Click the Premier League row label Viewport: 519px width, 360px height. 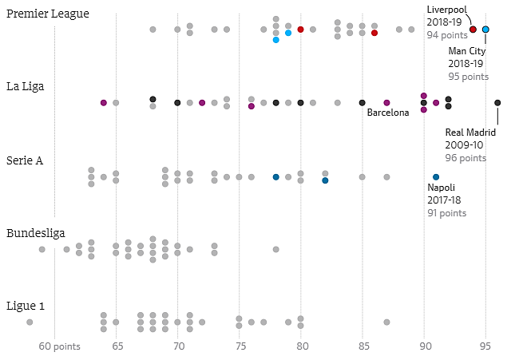coord(48,14)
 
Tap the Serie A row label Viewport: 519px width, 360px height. coord(25,160)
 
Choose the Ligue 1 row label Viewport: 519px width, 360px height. coord(26,306)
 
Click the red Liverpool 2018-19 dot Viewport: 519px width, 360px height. coord(473,30)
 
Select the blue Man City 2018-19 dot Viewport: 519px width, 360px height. coord(485,30)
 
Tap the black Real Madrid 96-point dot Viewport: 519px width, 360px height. coord(497,103)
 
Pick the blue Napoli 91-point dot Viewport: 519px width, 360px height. coord(436,177)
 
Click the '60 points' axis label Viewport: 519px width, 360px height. coord(60,347)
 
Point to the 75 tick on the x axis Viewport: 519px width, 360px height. coord(240,347)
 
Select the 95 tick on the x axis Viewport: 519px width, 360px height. coord(485,347)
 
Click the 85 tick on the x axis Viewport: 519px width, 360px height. coord(363,347)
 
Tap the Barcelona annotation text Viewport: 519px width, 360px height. coord(388,113)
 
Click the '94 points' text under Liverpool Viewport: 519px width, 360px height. coord(447,35)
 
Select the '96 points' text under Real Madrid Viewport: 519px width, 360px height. coord(466,158)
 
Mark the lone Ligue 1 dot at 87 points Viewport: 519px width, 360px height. coord(387,322)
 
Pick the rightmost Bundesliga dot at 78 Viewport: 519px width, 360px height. coord(276,249)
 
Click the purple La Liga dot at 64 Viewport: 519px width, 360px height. coord(104,103)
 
